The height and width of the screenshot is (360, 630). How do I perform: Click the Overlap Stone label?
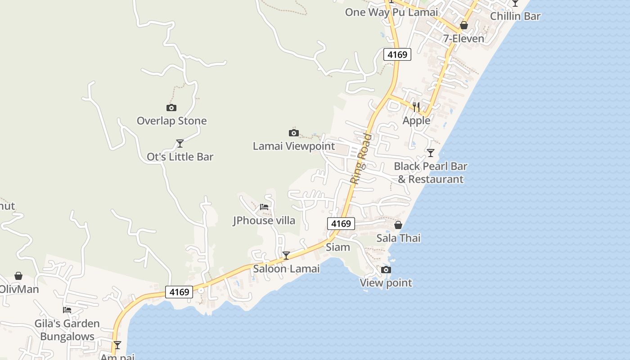(x=171, y=121)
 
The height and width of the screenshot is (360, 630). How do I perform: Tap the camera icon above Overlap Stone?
(x=171, y=108)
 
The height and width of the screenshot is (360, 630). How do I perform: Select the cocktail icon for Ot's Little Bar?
(x=180, y=144)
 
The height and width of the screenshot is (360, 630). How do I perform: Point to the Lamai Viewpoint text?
(x=294, y=146)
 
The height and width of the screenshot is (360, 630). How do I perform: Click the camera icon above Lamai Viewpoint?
(x=293, y=133)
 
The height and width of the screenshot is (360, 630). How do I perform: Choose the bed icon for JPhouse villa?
(x=264, y=207)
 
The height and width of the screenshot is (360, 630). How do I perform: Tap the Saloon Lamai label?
(x=286, y=269)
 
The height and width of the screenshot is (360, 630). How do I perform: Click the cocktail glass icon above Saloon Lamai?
(x=286, y=256)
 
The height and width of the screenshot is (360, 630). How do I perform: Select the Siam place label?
(x=338, y=247)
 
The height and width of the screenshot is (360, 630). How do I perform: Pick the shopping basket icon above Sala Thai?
(x=398, y=225)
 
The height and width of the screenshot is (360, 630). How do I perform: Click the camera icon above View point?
(x=386, y=270)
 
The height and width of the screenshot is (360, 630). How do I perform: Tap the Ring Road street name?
(x=361, y=158)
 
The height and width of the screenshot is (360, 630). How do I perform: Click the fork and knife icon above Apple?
(x=416, y=107)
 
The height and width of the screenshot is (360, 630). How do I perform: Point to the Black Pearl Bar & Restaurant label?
(x=431, y=172)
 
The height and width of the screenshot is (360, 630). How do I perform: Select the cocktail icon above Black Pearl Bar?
(x=431, y=153)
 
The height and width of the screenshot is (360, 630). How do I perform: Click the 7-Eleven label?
(x=463, y=38)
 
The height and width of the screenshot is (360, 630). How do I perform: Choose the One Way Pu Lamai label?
(x=391, y=12)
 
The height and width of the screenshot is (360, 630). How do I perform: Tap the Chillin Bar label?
(x=515, y=16)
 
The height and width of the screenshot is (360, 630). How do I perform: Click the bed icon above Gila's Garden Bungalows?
(x=67, y=310)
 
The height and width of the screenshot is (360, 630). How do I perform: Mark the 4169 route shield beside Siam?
(x=341, y=223)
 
